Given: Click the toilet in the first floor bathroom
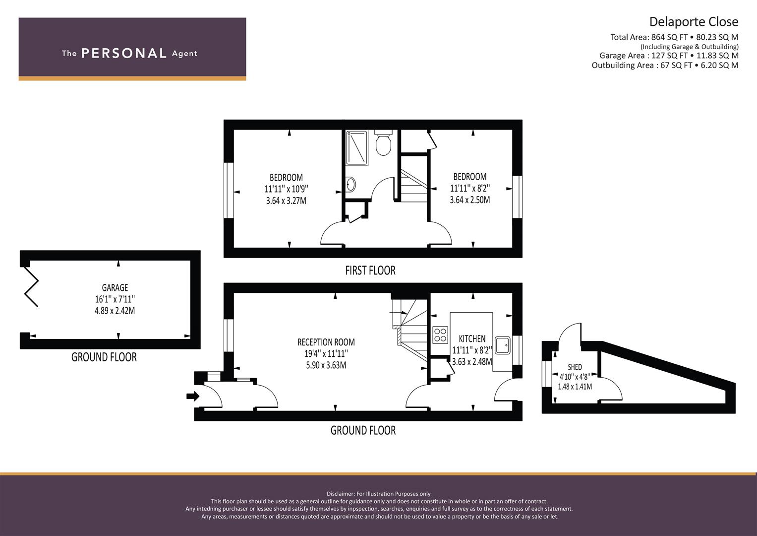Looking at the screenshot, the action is click(x=383, y=142).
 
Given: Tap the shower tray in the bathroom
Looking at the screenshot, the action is click(x=357, y=148).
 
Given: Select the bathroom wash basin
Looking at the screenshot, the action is click(x=350, y=185).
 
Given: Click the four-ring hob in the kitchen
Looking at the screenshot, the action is click(x=440, y=335).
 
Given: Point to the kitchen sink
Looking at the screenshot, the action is click(x=503, y=345).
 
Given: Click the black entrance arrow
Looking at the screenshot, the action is click(x=193, y=396).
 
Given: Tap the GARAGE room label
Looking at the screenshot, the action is click(x=115, y=288).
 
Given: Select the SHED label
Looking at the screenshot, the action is click(x=575, y=367).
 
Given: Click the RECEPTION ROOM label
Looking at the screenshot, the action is click(x=326, y=342).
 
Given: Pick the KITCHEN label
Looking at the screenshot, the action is click(x=472, y=338).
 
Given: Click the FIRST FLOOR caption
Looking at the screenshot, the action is click(x=370, y=270).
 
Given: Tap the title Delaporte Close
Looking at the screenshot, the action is click(x=694, y=22).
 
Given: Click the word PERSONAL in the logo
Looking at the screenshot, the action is click(x=124, y=53).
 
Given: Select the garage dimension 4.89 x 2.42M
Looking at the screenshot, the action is click(x=115, y=311).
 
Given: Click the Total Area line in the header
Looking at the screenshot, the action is click(x=674, y=37).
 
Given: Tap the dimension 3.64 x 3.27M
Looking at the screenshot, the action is click(x=286, y=201).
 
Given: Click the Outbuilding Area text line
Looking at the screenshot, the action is click(x=665, y=66).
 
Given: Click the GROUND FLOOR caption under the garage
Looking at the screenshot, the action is click(x=104, y=357).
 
